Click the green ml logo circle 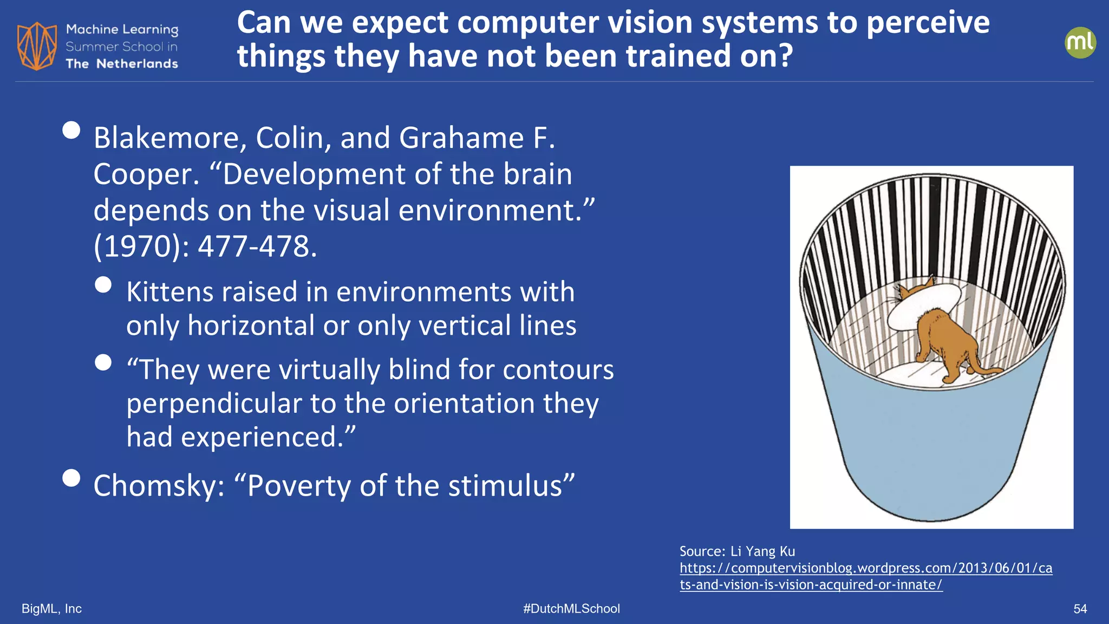pos(1080,43)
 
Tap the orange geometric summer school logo pos(37,46)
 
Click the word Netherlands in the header pos(137,64)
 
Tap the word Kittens pos(169,292)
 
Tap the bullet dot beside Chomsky pos(71,478)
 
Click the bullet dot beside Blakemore pos(71,131)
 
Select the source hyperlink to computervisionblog pos(865,576)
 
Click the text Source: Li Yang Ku pos(737,551)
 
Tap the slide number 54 pos(1080,609)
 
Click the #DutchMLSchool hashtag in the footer pos(571,609)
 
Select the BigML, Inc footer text pos(51,609)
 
